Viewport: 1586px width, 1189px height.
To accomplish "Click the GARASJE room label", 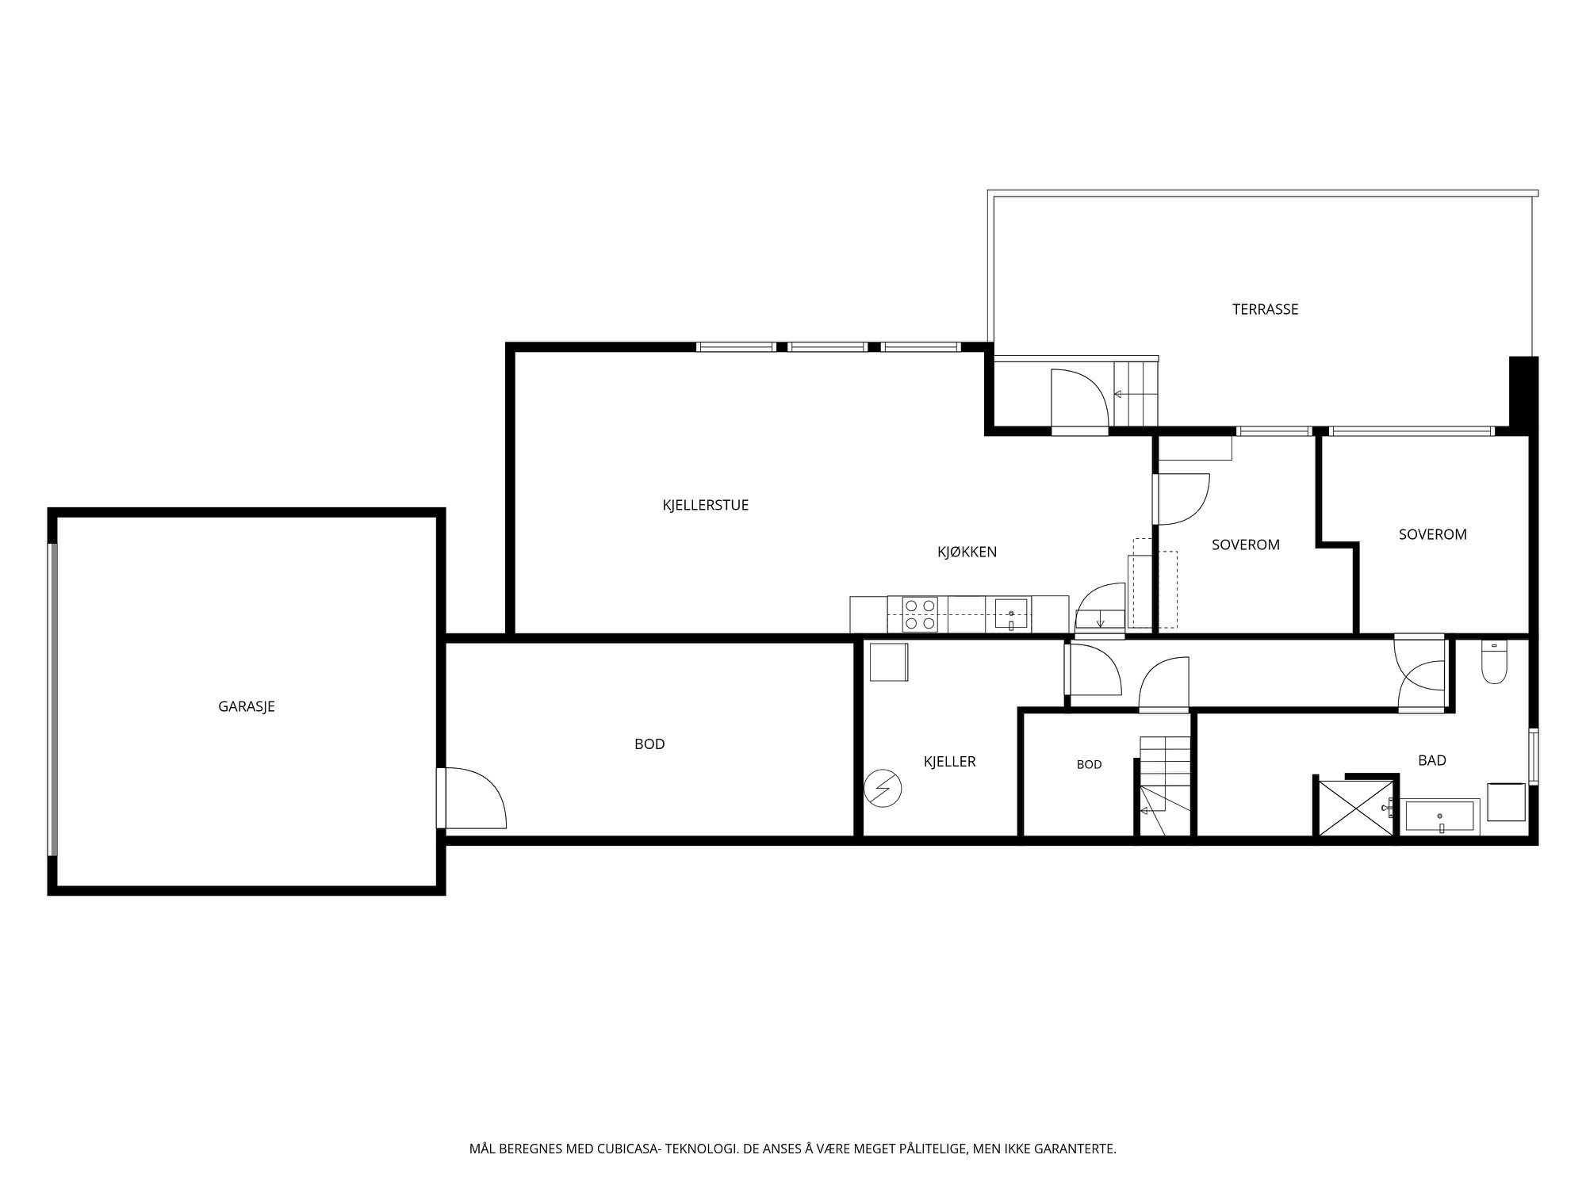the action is tap(247, 706).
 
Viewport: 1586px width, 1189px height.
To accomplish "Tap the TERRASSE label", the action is tap(1265, 309).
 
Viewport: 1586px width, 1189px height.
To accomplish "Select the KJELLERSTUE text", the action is tap(706, 505).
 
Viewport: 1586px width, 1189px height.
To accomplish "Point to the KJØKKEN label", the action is tap(967, 552).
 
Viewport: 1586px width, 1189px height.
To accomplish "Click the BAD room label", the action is tap(1432, 760).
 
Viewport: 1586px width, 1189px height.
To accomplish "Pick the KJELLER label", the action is tap(949, 762).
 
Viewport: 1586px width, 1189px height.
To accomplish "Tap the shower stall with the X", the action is tap(1356, 807).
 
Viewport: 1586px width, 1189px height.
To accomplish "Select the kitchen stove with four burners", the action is tap(920, 614).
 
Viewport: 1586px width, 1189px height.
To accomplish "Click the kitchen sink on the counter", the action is tap(1011, 614).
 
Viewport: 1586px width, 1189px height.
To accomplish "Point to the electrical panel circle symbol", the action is tap(883, 789).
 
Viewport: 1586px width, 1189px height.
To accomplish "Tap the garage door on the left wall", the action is tap(53, 700).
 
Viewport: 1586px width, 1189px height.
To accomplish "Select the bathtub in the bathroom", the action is tap(1439, 816).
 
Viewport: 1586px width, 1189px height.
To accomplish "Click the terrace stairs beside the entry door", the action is tap(1136, 394).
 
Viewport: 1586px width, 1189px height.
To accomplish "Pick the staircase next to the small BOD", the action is tap(1165, 785).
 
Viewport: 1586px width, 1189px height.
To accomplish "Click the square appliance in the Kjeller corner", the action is tap(889, 662).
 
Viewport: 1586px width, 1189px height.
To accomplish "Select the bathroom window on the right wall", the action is tap(1534, 756).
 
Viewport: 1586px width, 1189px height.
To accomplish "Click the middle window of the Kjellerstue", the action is tap(827, 347).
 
